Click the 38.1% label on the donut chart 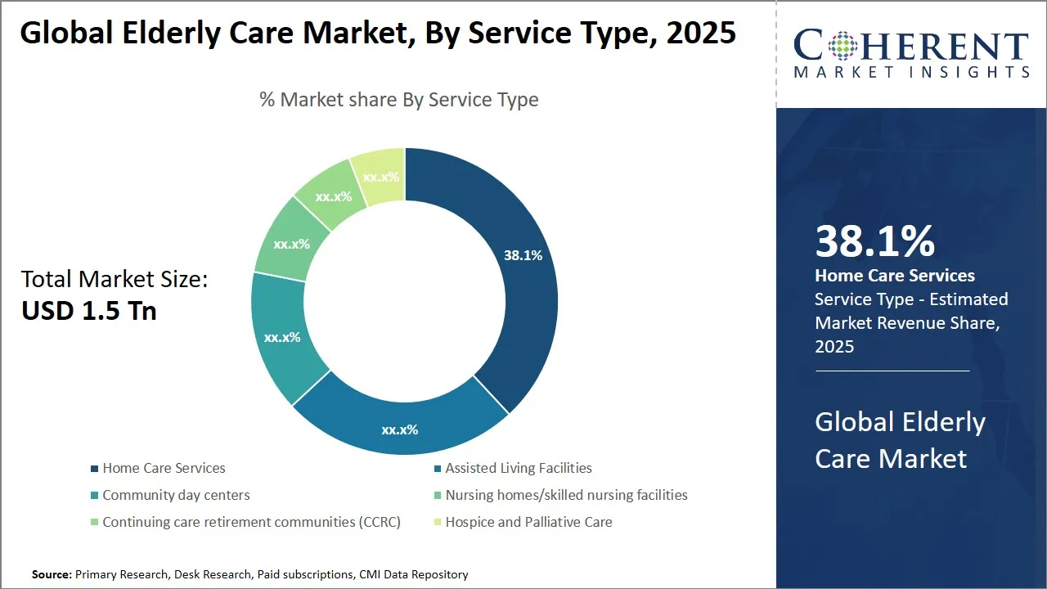point(523,255)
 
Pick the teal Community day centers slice point(281,336)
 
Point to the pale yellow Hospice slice point(381,176)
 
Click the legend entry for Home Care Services point(164,468)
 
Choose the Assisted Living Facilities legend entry point(518,468)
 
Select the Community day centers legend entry point(176,495)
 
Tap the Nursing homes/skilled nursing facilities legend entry point(566,495)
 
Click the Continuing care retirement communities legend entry point(251,522)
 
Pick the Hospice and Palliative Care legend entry point(528,522)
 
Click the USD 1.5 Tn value point(88,311)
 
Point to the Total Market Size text point(115,279)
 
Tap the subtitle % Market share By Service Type point(399,100)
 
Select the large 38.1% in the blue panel point(874,241)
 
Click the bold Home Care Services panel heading point(895,276)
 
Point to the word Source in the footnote point(52,575)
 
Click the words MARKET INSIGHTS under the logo point(911,72)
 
